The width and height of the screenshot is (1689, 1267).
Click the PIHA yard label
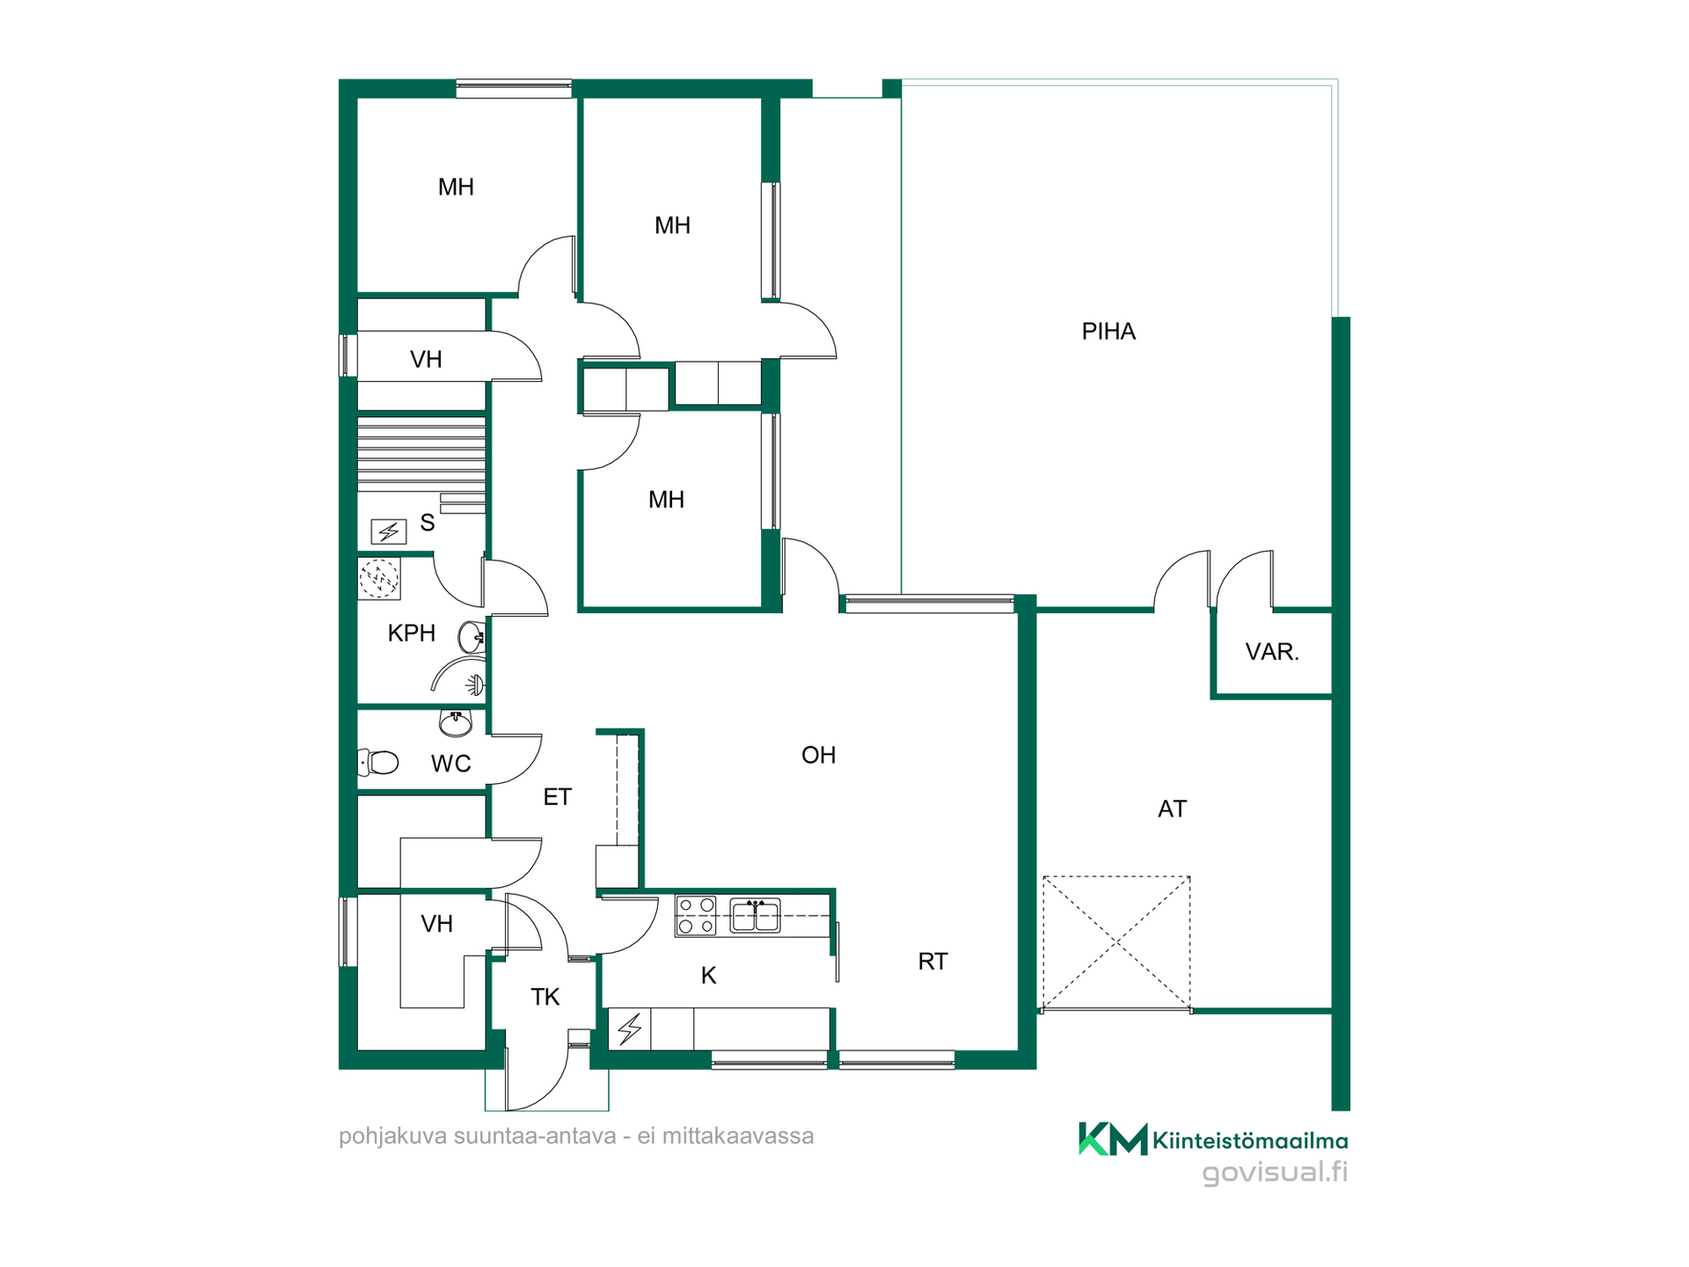(1108, 332)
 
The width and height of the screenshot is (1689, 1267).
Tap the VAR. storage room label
(1272, 652)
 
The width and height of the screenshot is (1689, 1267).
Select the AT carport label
(1172, 809)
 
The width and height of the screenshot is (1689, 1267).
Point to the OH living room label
(818, 755)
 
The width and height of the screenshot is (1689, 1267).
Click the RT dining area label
(932, 962)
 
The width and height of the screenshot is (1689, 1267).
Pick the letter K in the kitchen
(709, 976)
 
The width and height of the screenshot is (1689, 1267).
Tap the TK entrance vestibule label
(545, 997)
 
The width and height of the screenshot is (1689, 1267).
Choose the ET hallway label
(558, 797)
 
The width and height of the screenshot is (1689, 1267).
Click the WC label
(451, 764)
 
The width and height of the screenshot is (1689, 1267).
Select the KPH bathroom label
(412, 633)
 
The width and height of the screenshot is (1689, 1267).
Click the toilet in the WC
(378, 762)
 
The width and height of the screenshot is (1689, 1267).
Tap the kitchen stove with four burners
(696, 916)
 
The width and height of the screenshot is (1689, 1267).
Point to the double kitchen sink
(755, 915)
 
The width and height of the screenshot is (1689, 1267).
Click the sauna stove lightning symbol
(388, 531)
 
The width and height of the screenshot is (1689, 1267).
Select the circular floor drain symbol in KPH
(379, 579)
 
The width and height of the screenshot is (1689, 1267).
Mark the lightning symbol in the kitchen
(630, 1029)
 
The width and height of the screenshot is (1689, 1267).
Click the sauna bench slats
(422, 453)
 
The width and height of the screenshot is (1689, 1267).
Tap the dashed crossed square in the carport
(1116, 943)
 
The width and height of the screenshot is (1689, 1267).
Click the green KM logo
(1114, 1139)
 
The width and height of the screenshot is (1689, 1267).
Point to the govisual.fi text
(1275, 1172)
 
